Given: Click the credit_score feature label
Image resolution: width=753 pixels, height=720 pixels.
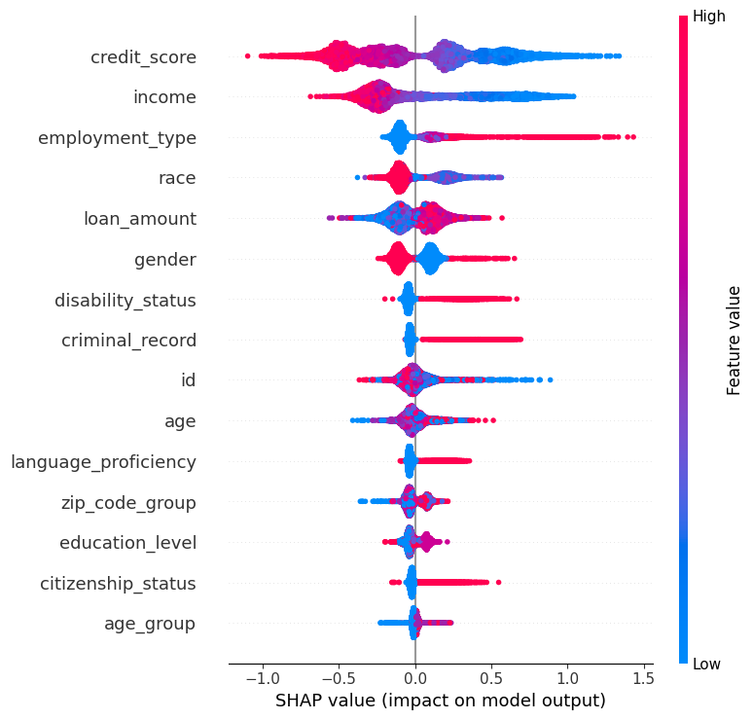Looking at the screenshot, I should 143,57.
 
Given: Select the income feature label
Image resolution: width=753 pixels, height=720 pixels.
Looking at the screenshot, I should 164,97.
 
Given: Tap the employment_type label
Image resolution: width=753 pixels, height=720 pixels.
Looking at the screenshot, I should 117,138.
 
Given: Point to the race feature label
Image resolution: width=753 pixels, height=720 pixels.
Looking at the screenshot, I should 177,178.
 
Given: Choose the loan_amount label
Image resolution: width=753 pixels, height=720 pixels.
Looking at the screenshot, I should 140,219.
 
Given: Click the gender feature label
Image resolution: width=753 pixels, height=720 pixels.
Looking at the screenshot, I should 165,259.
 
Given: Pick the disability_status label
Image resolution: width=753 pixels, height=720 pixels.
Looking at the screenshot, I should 125,300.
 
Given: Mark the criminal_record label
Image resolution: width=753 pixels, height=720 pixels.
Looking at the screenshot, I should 128,341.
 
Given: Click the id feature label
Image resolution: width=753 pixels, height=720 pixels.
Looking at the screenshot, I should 189,380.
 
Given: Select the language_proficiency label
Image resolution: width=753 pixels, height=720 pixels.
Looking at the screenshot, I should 103,461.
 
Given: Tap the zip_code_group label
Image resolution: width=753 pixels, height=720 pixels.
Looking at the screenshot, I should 128,502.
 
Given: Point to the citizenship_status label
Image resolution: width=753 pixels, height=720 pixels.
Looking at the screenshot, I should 118,584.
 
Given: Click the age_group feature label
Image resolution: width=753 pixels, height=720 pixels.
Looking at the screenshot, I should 150,624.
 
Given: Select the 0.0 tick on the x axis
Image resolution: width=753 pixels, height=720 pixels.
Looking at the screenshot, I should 415,677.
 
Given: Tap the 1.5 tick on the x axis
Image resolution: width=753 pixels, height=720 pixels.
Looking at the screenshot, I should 644,677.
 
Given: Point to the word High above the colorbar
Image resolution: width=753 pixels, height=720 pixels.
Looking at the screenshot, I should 708,17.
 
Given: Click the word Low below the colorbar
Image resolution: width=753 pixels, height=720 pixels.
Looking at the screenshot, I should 707,665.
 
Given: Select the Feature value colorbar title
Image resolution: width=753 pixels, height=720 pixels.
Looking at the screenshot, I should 735,341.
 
